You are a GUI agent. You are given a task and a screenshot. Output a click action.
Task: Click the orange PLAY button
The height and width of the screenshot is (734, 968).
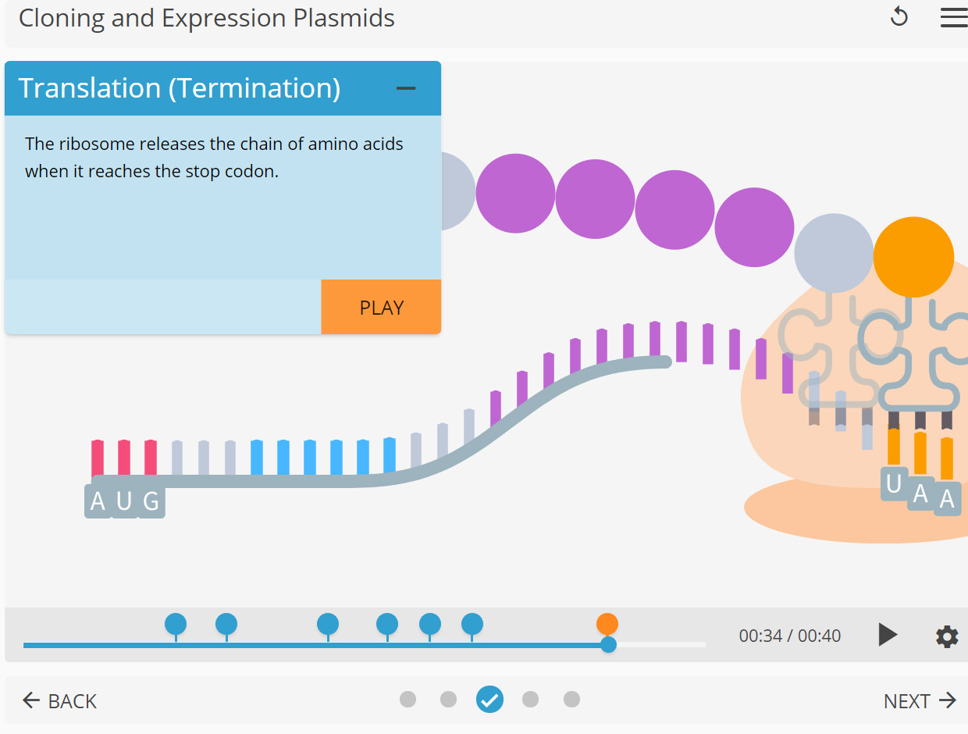coord(381,307)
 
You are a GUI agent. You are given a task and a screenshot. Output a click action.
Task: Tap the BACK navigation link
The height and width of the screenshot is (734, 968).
coord(60,700)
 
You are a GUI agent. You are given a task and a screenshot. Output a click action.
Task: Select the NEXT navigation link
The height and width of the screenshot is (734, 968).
coord(919,700)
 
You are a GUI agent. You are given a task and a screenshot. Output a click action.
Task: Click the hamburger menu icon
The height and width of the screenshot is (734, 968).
coord(953,18)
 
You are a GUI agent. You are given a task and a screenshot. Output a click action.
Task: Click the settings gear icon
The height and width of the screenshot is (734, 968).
coord(946,636)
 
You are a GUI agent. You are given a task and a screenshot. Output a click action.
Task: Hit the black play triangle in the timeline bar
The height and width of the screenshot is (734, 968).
coord(887,635)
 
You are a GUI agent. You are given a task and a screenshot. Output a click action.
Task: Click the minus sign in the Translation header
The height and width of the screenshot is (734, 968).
coord(406,88)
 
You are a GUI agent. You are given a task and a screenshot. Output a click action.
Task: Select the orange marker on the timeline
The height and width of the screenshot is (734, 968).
coord(607,624)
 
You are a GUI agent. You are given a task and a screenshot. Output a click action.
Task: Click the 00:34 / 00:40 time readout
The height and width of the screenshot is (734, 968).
coord(789,636)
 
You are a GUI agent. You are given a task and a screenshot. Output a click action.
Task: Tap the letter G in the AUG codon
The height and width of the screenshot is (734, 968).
coord(151,501)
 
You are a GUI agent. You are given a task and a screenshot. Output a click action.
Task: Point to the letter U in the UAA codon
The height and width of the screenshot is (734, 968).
coord(894,485)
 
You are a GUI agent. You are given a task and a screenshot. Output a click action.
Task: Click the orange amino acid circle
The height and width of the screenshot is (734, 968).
coord(913,257)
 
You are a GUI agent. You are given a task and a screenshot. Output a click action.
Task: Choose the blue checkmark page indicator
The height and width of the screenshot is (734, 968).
coord(489,700)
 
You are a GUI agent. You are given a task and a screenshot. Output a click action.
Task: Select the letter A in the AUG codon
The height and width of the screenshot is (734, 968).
coord(98,501)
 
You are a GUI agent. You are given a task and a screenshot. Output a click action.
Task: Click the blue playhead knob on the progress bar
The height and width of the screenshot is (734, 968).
coord(608,645)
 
